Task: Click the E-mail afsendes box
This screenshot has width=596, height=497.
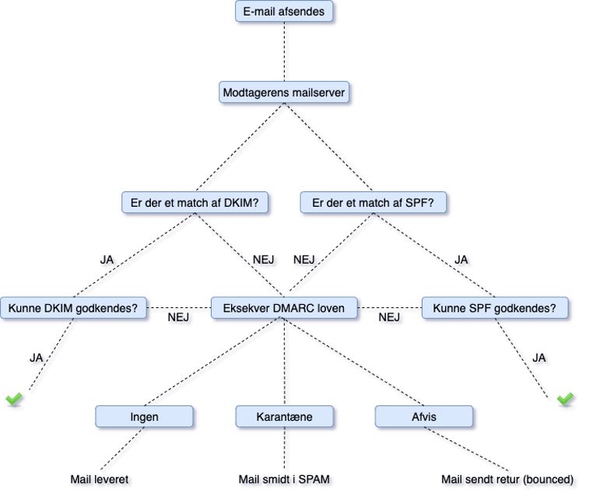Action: pos(286,12)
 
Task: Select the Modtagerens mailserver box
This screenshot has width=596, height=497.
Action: pos(284,93)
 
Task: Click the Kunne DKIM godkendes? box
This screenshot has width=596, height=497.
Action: pos(73,308)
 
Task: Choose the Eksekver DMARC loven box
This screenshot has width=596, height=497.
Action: pos(284,308)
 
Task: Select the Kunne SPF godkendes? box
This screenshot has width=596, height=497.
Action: pos(495,308)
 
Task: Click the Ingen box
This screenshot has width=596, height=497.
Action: pos(145,417)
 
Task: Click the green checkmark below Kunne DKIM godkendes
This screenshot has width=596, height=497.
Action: pos(15,399)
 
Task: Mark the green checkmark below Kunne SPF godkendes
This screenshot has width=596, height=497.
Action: pos(566,399)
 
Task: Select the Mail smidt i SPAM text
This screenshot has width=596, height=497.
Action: pos(286,480)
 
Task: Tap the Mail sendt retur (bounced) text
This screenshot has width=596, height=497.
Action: pos(508,480)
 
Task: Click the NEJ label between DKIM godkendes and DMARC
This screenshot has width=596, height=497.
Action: pos(181,317)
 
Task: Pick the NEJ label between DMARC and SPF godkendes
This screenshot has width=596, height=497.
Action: pos(390,317)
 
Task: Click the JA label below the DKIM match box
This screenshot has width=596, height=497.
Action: pos(109,261)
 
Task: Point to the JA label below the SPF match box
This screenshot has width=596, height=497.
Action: pos(463,260)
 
